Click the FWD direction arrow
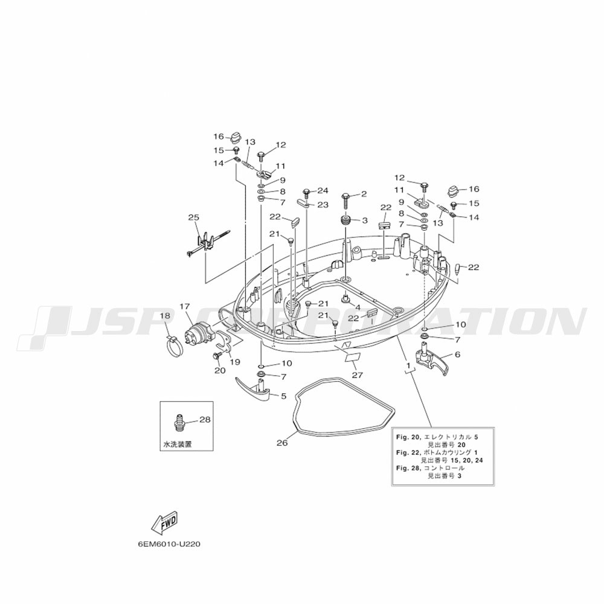tap(164, 522)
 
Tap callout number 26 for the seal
tap(281, 443)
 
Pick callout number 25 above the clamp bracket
tap(193, 217)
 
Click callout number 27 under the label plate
tap(357, 374)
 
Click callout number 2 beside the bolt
tap(364, 194)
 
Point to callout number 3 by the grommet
tap(364, 220)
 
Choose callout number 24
tap(323, 191)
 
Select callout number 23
tap(323, 205)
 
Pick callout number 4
tap(357, 307)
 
